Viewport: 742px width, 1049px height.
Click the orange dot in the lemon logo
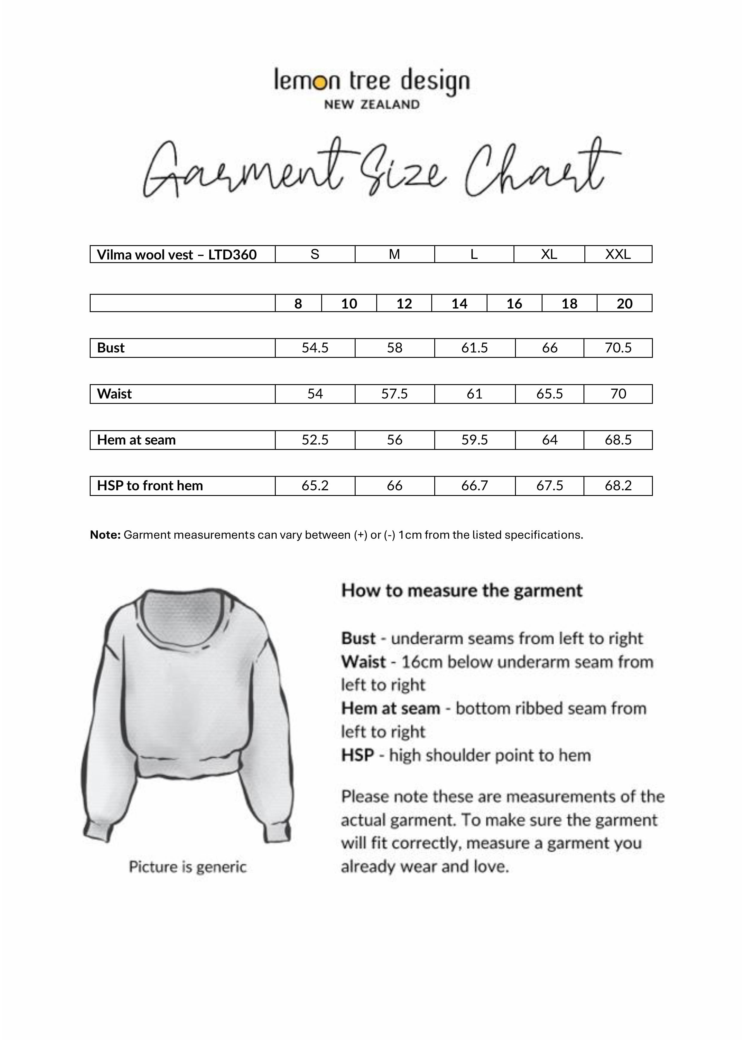pos(321,82)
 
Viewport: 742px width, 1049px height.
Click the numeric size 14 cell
pos(459,303)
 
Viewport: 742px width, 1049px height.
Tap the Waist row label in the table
pos(114,394)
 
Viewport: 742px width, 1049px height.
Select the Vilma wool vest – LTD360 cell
pos(177,254)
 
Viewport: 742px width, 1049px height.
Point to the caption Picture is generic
pos(188,867)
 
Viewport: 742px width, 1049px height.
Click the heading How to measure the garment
pos(462,591)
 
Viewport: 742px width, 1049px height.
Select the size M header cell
pos(394,254)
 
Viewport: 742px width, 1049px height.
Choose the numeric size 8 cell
pos(298,303)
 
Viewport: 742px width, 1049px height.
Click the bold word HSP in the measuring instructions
pos(357,755)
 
